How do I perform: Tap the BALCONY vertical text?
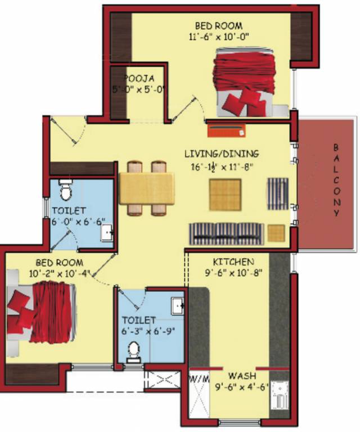[x=336, y=179]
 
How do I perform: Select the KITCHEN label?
[x=233, y=262]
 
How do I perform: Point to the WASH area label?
[x=242, y=375]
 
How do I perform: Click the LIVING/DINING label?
[x=222, y=153]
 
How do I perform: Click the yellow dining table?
[x=146, y=188]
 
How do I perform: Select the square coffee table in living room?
[x=225, y=194]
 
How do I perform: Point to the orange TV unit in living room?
[x=226, y=130]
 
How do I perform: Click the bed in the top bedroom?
[x=244, y=83]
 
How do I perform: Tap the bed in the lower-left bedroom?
[x=42, y=313]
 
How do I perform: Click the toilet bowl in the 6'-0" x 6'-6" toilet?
[x=65, y=191]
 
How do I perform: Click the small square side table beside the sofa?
[x=276, y=232]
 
